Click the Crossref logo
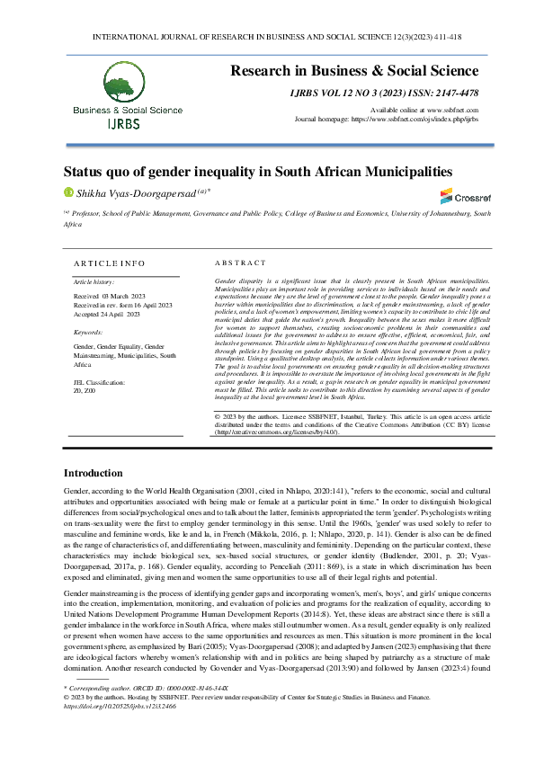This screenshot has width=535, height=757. (459, 196)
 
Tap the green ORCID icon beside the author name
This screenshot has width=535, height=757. (67, 191)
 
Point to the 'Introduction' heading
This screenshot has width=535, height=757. (99, 473)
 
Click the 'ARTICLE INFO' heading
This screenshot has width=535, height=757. (109, 263)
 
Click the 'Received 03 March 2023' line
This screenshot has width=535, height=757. (107, 295)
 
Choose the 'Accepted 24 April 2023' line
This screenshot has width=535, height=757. (106, 315)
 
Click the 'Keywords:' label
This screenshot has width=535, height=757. (88, 332)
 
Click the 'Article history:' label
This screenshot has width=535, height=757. (94, 281)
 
